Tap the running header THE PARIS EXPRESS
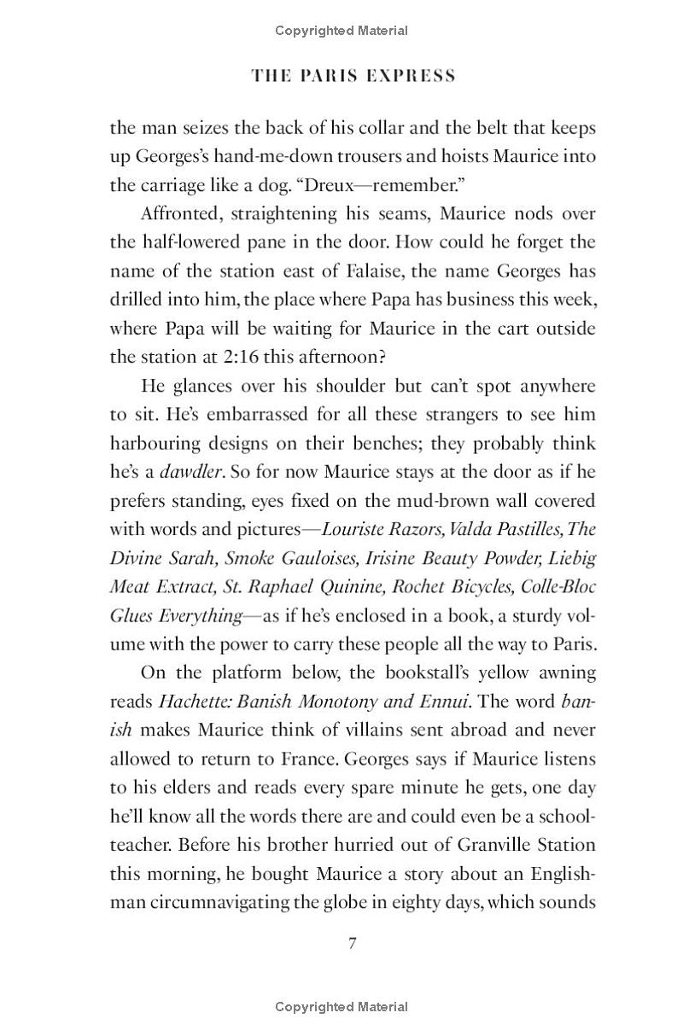(x=353, y=76)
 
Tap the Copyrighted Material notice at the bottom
(x=341, y=1007)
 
